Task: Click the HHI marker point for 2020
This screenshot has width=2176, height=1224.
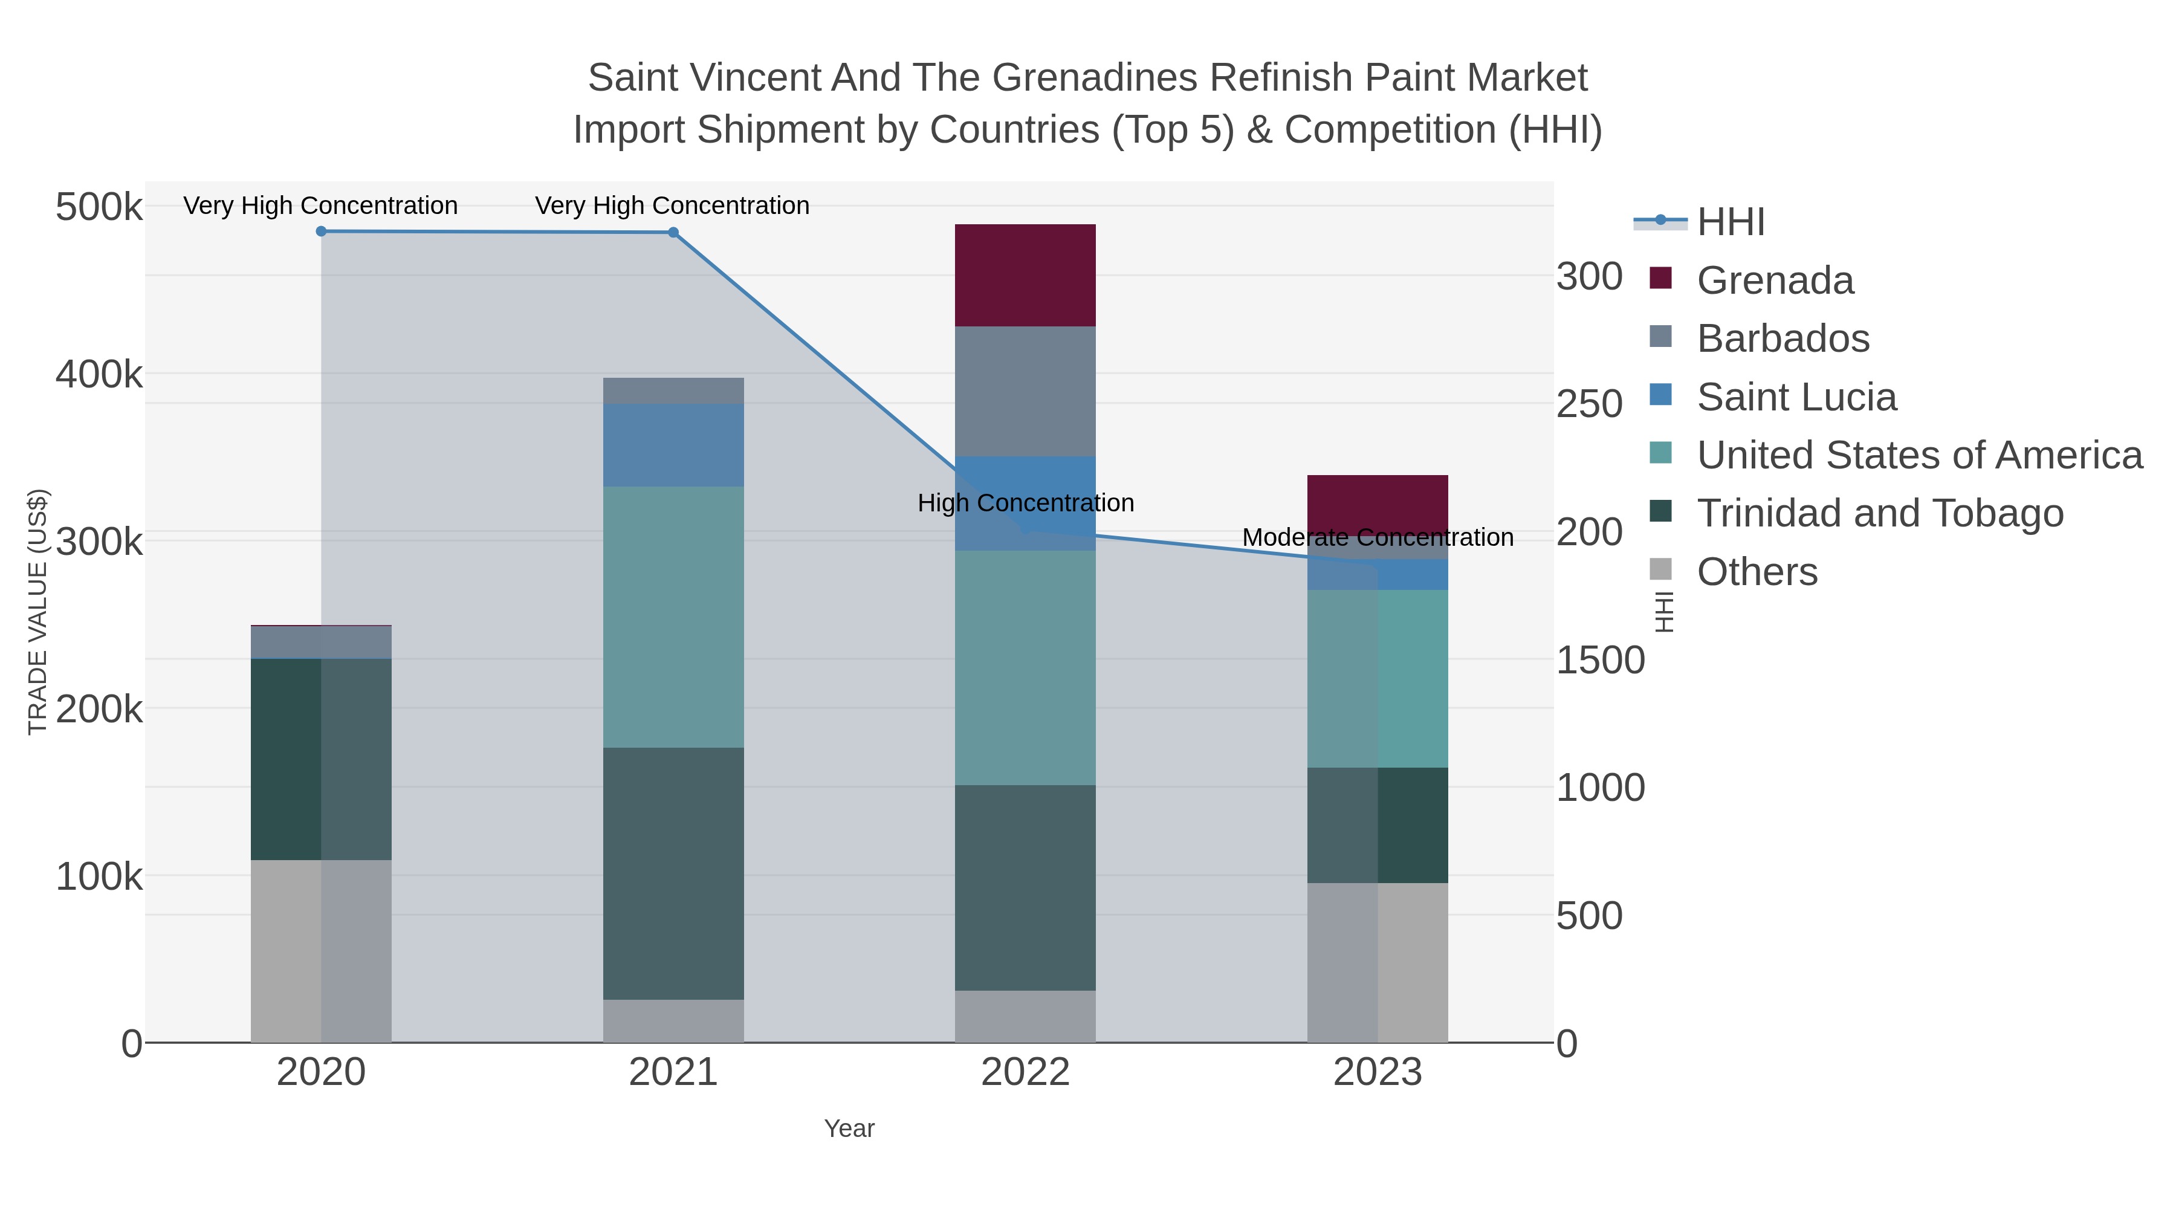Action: coord(321,232)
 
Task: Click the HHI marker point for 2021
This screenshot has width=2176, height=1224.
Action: coord(673,232)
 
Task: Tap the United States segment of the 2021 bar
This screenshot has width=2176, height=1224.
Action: coord(673,617)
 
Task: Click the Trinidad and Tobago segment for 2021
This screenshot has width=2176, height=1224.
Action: coord(673,873)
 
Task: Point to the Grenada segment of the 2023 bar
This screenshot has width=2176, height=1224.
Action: coord(1377,504)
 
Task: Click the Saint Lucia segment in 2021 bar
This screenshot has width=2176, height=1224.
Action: coord(673,444)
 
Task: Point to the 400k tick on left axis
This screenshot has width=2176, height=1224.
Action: coord(99,374)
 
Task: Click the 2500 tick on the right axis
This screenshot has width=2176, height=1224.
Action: coord(1589,404)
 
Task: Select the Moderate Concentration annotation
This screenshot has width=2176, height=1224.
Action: coord(1377,537)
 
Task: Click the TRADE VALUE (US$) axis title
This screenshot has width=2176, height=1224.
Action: coord(38,612)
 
